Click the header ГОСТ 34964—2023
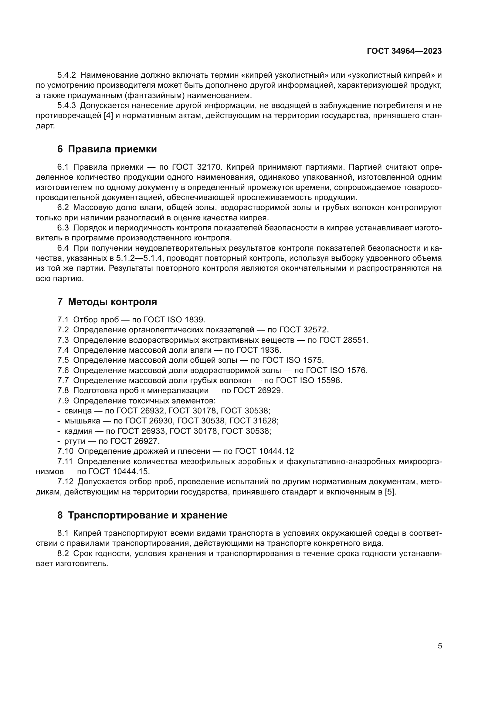[404, 51]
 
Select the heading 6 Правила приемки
[107, 149]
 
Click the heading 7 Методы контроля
[107, 302]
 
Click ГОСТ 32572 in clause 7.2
[303, 330]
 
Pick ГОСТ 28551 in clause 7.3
[344, 340]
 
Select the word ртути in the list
[74, 441]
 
